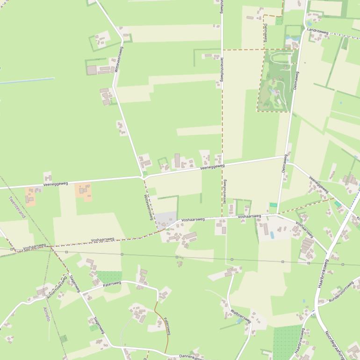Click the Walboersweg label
[x=241, y=316]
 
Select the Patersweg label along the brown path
[x=167, y=326]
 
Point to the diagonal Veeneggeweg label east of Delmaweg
[x=319, y=185]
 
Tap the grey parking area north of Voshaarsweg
[x=166, y=218]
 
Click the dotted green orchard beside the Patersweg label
[x=109, y=277]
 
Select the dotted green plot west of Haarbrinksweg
[x=286, y=341]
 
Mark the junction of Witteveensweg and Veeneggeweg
[x=142, y=177]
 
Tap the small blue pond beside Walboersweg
[x=239, y=322]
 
